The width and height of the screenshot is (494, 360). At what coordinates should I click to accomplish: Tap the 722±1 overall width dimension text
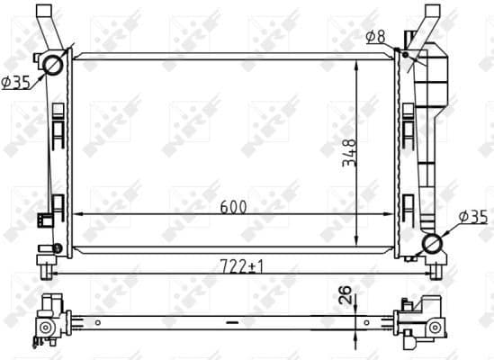pos(235,266)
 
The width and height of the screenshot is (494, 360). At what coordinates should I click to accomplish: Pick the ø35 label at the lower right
pos(473,217)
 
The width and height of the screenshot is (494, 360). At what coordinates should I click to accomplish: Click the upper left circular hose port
pos(53,65)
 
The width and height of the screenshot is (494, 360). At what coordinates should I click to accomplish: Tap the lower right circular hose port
pos(435,244)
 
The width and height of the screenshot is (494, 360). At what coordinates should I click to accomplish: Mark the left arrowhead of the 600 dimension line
pos(75,214)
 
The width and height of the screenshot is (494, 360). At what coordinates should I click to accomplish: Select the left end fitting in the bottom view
pos(49,322)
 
